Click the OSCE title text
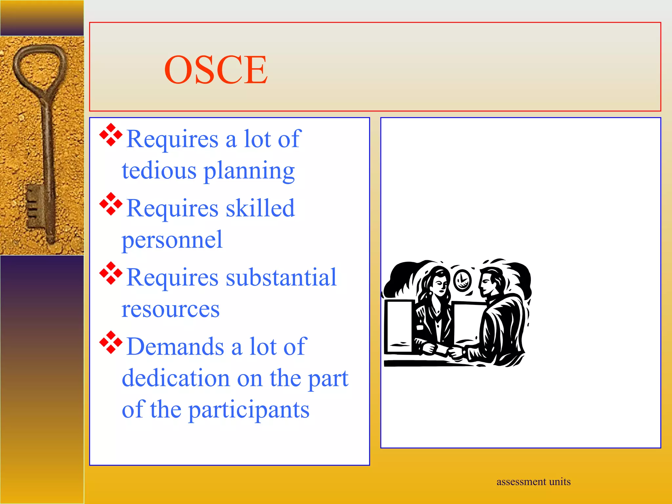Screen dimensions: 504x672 [x=216, y=70]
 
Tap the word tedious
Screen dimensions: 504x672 [x=159, y=171]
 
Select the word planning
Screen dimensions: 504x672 [x=249, y=171]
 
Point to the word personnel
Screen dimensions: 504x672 [x=172, y=240]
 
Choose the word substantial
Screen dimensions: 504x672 [x=281, y=277]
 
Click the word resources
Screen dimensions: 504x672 [x=171, y=309]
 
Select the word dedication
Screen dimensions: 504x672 [x=176, y=378]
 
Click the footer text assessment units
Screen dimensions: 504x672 [x=534, y=482]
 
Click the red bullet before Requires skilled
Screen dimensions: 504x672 [x=111, y=204]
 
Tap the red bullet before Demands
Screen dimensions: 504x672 [x=111, y=342]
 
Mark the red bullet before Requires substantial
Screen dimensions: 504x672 [x=111, y=273]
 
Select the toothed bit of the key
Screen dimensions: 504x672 [x=34, y=205]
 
